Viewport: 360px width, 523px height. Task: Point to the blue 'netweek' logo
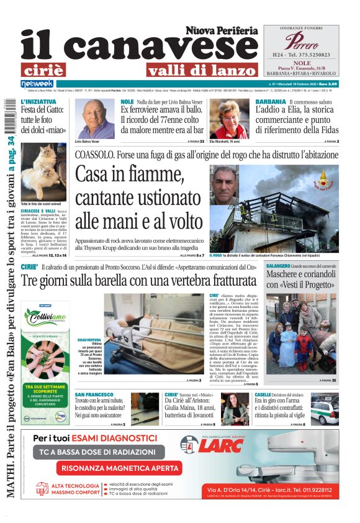pyautogui.click(x=37, y=84)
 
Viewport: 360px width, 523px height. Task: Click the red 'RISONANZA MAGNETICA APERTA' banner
pyautogui.click(x=119, y=468)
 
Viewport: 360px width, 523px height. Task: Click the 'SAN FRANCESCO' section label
pyautogui.click(x=93, y=395)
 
